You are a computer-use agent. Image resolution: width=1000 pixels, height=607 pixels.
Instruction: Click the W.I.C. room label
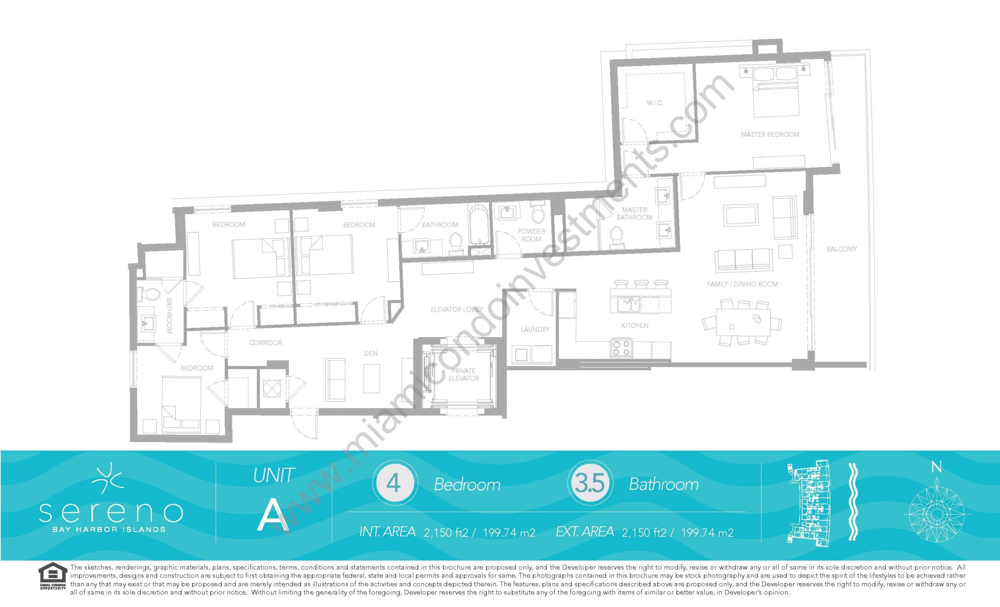click(654, 103)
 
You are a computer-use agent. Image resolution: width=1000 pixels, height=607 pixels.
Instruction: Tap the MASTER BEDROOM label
click(770, 134)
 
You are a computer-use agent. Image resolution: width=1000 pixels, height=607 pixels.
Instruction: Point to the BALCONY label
click(842, 249)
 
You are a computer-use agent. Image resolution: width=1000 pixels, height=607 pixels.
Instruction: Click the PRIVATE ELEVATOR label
click(463, 375)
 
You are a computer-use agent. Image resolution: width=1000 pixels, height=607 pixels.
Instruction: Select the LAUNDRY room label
click(535, 329)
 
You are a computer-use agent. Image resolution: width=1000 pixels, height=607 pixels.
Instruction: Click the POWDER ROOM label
click(531, 235)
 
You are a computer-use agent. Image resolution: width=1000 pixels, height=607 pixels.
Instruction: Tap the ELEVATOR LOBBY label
click(457, 309)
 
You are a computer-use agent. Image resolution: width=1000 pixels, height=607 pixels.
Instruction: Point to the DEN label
click(371, 353)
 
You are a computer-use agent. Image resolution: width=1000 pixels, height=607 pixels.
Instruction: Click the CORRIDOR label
click(265, 343)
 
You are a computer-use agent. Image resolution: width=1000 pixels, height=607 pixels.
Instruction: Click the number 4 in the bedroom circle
click(393, 484)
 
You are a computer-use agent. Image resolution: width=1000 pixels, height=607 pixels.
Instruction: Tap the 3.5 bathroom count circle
click(590, 484)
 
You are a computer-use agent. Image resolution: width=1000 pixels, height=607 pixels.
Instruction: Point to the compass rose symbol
click(936, 514)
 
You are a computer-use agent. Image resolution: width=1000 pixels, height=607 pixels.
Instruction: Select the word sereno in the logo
click(111, 512)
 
